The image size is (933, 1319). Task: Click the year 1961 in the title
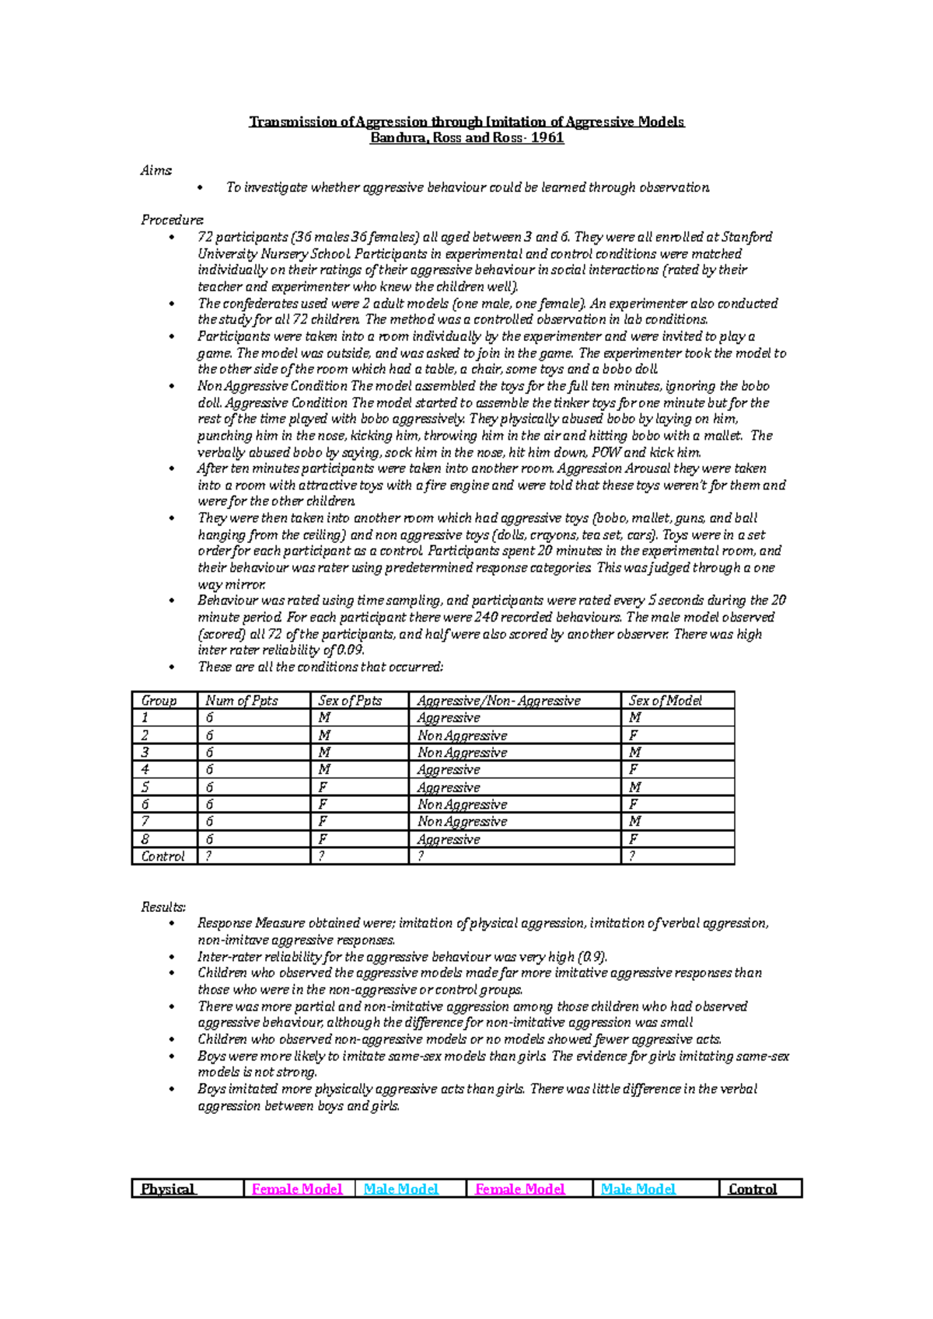547,138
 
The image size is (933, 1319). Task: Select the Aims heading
155,170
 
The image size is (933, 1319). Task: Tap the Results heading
163,907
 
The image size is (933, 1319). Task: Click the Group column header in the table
159,700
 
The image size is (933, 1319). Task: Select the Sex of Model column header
665,700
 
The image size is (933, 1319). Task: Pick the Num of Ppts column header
241,700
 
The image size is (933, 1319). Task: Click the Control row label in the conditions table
162,856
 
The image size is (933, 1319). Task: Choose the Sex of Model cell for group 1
635,718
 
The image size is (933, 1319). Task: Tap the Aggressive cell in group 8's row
449,839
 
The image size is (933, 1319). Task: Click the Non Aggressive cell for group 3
462,752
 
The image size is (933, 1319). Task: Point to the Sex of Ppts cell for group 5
322,787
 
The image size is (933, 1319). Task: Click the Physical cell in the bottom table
168,1188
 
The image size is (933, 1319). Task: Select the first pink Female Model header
297,1188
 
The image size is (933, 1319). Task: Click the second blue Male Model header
638,1188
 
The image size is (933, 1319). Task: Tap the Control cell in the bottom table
753,1188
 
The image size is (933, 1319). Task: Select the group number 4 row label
145,769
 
